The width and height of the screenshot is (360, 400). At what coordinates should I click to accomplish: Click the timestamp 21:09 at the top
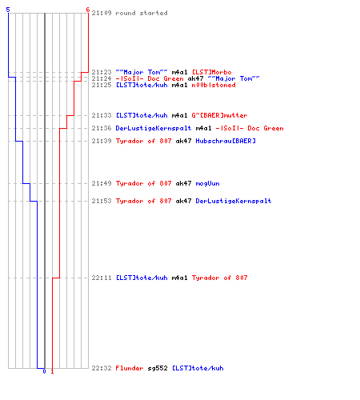pos(102,13)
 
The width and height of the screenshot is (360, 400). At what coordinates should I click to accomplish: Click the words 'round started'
pos(142,13)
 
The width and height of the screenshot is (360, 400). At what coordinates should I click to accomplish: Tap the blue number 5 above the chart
pos(8,10)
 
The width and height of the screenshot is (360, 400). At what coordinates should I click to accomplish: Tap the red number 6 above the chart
pos(88,10)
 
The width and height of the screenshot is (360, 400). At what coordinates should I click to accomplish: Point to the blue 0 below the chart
pos(44,371)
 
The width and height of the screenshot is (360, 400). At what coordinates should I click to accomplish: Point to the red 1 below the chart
pos(52,371)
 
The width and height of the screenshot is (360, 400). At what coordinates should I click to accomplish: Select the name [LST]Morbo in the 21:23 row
pos(212,72)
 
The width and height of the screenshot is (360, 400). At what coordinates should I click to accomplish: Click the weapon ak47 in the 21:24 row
pos(195,78)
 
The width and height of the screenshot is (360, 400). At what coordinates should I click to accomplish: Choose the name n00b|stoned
pos(214,85)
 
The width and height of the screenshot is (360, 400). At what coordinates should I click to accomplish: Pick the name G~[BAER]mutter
pos(219,115)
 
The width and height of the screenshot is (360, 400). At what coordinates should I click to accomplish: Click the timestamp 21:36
pos(102,128)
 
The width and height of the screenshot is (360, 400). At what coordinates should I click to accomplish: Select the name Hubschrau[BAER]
pos(226,141)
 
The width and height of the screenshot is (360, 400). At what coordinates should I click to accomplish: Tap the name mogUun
pos(207,183)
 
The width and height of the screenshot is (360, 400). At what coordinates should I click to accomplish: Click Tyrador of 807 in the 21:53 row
pos(143,201)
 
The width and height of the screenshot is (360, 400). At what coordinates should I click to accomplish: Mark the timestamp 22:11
pos(102,278)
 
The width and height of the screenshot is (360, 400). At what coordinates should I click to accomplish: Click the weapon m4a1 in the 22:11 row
pos(179,278)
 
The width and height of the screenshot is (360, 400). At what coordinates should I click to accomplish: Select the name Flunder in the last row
pos(130,368)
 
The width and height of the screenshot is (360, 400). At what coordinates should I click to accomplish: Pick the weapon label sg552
pos(158,368)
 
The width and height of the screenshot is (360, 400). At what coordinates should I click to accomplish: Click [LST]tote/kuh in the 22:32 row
pos(198,368)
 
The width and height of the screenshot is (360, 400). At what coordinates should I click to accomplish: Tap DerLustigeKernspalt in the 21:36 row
pos(154,128)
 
